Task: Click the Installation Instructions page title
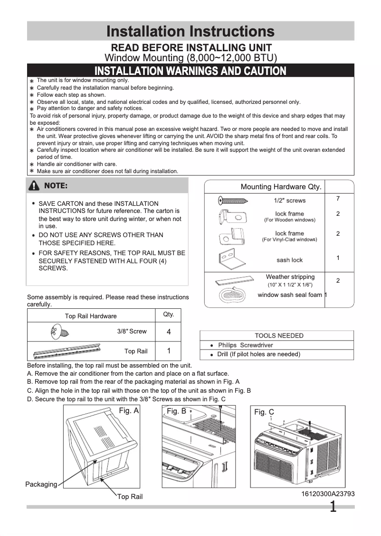(x=190, y=31)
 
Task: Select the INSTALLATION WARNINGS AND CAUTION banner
(x=190, y=71)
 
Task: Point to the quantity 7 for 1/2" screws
(x=338, y=198)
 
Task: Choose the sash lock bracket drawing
(x=231, y=259)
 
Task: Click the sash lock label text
(x=289, y=260)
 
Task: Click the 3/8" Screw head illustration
(x=56, y=331)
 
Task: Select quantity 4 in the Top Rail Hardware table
(x=169, y=332)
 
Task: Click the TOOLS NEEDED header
(x=279, y=335)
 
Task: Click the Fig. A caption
(x=128, y=410)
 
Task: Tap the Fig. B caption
(x=177, y=411)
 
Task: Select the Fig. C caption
(x=264, y=412)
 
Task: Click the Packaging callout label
(x=41, y=484)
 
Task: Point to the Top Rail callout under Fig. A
(x=130, y=497)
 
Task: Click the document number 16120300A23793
(x=328, y=494)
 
